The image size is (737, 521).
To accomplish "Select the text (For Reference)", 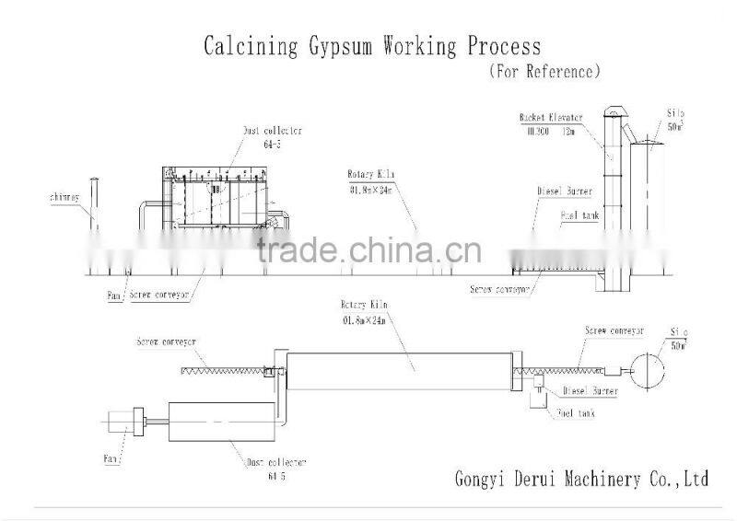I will (544, 70).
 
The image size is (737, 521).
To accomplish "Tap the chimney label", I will (64, 198).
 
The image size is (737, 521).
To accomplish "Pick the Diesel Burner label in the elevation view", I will (565, 191).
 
